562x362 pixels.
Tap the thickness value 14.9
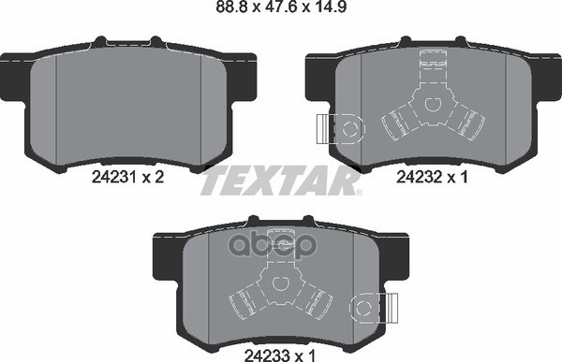[330, 7]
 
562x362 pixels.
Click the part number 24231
[113, 177]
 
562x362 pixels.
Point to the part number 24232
[418, 177]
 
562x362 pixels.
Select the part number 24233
[266, 355]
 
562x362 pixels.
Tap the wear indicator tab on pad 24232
[323, 129]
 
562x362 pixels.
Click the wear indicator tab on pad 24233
[392, 308]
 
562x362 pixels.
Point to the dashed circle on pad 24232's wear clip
[350, 129]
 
